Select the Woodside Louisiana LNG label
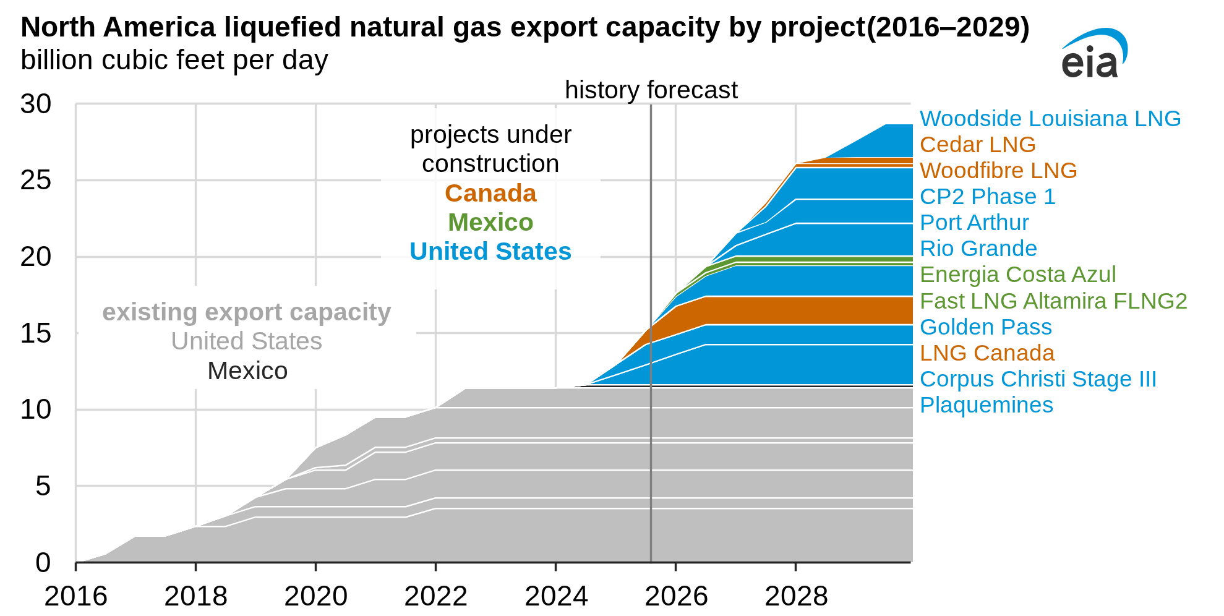pos(1050,118)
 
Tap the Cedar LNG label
pos(977,144)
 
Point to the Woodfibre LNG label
pos(998,170)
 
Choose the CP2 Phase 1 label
pos(987,196)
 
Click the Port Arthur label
pos(974,222)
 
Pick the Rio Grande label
pos(978,248)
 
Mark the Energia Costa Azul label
pos(1017,274)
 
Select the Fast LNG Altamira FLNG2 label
pos(1053,301)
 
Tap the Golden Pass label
pos(985,327)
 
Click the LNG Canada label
pos(986,353)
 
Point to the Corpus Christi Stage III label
pos(1037,379)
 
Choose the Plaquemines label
pos(986,404)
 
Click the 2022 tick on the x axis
pos(435,596)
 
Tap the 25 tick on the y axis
pos(36,180)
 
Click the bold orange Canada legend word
pos(490,194)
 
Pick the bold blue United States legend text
pos(490,252)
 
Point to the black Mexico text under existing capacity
pos(247,371)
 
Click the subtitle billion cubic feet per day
pos(174,61)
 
